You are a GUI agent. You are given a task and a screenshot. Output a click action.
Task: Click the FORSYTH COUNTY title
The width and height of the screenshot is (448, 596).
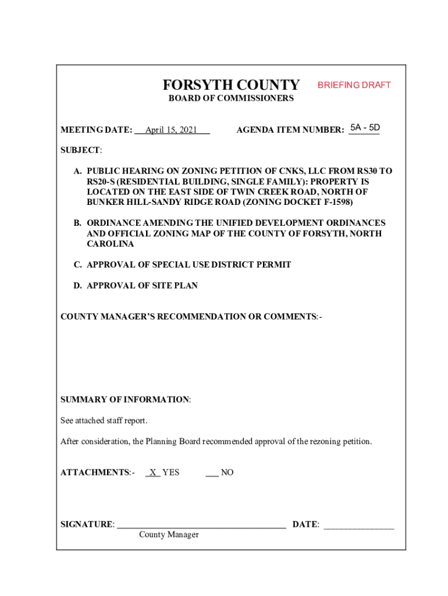(231, 85)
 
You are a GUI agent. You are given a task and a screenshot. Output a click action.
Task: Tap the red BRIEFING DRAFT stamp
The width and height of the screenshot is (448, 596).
(354, 85)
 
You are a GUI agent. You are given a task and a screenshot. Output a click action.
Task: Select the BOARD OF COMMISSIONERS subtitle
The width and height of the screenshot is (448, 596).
(231, 99)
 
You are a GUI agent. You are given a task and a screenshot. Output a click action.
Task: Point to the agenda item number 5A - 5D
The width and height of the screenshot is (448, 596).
(365, 127)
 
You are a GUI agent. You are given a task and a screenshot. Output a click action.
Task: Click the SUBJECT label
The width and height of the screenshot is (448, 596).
(81, 150)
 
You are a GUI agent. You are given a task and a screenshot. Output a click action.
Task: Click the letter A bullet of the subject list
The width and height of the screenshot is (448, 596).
(77, 172)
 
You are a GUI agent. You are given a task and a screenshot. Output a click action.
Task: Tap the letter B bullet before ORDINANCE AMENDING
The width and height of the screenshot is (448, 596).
(77, 223)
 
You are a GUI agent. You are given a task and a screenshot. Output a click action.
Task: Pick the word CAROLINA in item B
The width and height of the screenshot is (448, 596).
(110, 244)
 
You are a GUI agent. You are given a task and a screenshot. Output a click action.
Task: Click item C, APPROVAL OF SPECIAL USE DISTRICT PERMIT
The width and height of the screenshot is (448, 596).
(189, 265)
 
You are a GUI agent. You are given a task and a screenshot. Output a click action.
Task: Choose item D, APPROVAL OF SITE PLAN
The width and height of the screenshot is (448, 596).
(142, 286)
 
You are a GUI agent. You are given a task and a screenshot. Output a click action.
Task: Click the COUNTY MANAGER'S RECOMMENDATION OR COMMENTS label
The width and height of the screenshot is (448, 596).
(191, 317)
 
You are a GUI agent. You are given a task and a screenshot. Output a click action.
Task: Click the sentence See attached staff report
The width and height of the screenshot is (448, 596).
(108, 420)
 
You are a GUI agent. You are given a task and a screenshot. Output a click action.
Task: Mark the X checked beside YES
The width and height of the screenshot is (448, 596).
(152, 473)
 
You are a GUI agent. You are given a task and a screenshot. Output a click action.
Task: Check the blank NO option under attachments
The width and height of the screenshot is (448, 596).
(212, 473)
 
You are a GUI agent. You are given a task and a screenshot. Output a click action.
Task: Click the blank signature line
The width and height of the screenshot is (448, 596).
(201, 526)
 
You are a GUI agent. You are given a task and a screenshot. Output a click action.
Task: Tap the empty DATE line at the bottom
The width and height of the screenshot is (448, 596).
(358, 526)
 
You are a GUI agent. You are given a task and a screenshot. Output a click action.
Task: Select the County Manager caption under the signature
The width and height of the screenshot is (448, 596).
(169, 535)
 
